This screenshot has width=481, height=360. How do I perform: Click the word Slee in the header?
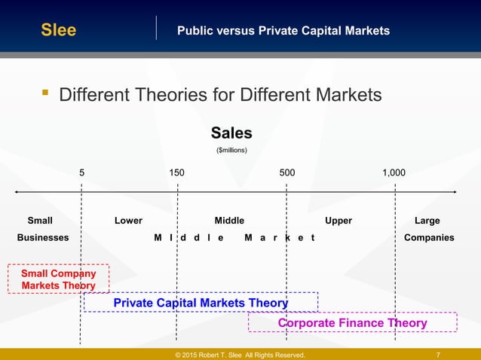pos(58,30)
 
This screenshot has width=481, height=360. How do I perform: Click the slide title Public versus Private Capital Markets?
pos(283,31)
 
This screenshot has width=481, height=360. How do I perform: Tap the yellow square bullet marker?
pos(45,94)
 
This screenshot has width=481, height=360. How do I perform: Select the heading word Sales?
pos(231,133)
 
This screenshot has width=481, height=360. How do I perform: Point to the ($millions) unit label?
pos(231,151)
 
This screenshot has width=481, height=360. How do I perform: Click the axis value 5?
pos(82,172)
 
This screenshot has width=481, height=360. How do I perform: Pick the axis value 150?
pos(176,172)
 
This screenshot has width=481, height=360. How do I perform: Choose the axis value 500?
pos(287,172)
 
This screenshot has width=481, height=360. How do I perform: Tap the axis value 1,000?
pos(394,172)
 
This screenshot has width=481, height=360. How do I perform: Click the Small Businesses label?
pos(42,229)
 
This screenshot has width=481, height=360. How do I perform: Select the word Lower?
pos(128,221)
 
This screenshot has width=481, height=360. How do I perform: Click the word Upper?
pos(339,221)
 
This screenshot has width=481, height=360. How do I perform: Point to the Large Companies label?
pos(428,229)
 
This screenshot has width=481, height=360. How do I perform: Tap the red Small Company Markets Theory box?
pos(58,279)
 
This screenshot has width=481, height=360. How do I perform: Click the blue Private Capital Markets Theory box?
pos(201,303)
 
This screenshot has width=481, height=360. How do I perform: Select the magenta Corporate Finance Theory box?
pos(352,323)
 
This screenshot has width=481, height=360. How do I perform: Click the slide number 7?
pos(439,355)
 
